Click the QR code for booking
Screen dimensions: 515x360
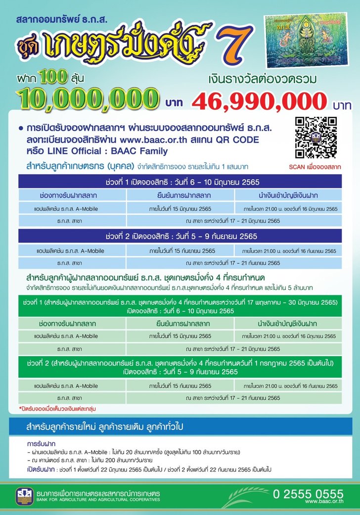[x=315, y=138]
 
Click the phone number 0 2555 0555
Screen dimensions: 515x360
[x=308, y=494]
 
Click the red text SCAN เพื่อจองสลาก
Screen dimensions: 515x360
[x=315, y=167]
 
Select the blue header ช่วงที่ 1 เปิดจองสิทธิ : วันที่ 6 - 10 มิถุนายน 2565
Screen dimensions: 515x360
[x=182, y=181]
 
